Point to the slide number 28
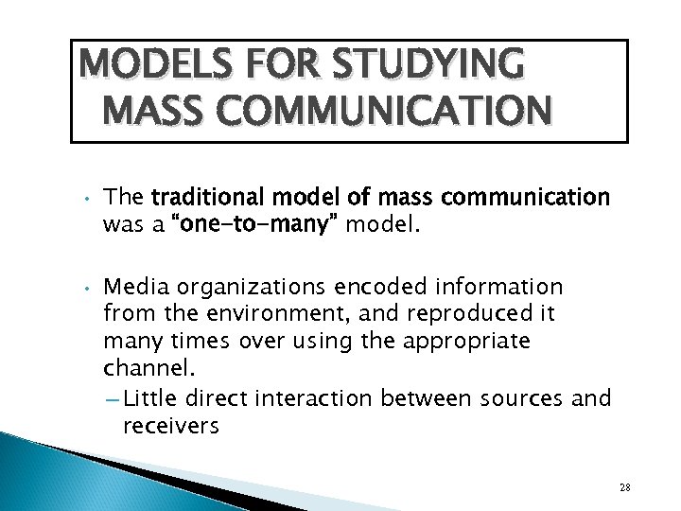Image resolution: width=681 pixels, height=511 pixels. [x=624, y=486]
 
